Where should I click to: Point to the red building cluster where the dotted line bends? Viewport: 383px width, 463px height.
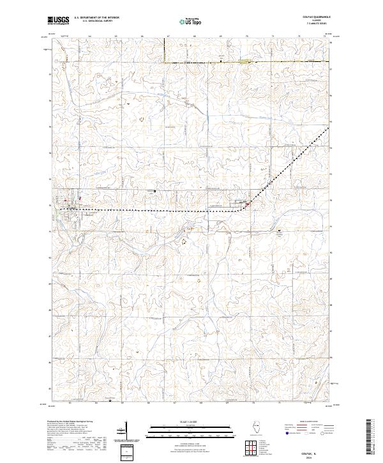click(x=247, y=204)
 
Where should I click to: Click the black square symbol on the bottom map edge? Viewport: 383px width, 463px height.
click(x=109, y=402)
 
